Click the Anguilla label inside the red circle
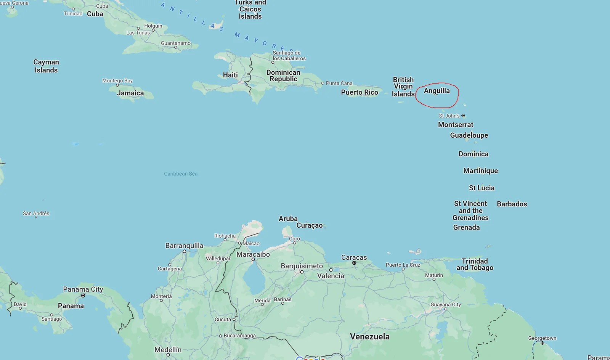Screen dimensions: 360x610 [x=437, y=91]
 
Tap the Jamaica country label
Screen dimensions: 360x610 [x=130, y=93]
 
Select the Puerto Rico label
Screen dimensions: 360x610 [x=360, y=92]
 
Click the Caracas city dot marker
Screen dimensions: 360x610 [x=354, y=263]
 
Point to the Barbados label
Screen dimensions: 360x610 [x=512, y=204]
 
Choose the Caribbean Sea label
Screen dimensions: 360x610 [x=181, y=174]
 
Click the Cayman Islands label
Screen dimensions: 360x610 [x=46, y=66]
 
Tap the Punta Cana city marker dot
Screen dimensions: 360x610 [x=323, y=83]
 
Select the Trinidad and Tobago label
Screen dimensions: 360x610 [x=475, y=264]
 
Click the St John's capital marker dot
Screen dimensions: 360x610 [x=463, y=116]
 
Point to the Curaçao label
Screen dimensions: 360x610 [x=309, y=225]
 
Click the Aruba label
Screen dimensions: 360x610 [x=288, y=219]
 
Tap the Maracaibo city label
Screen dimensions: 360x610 [x=253, y=254]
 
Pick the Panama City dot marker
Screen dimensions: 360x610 [x=83, y=296]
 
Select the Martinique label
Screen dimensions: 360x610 [x=480, y=171]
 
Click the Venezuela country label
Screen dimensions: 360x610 [x=370, y=336]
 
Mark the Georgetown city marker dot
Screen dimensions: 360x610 [x=542, y=343]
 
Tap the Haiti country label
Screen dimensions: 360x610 [x=230, y=75]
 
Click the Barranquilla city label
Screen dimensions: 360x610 [x=184, y=246]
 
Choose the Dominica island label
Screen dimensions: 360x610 [x=473, y=154]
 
